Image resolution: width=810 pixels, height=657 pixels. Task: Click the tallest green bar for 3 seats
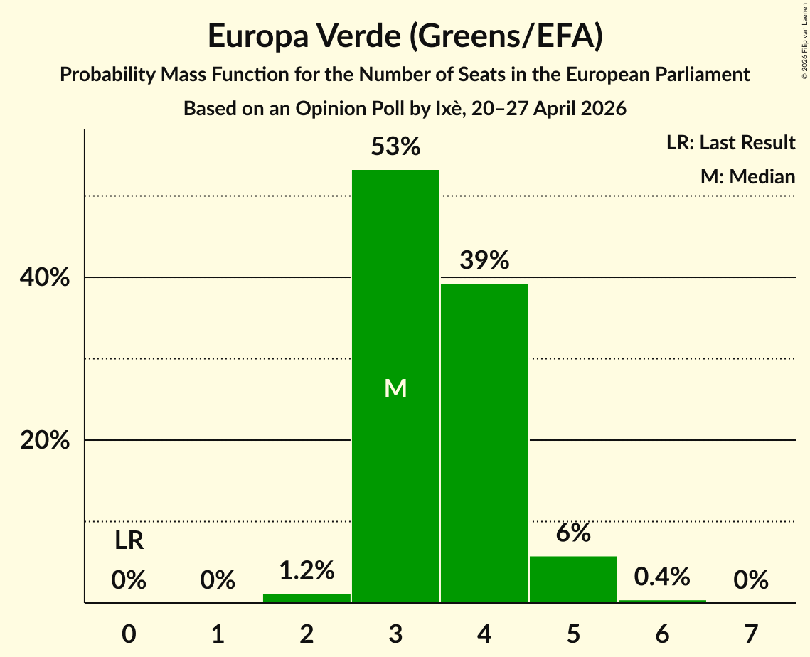pos(395,386)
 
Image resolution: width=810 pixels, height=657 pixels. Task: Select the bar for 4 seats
pos(484,443)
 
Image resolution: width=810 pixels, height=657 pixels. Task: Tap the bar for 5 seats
pos(573,579)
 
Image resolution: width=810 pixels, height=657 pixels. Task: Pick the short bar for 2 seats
pos(307,598)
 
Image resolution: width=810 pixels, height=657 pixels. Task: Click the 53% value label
pos(395,146)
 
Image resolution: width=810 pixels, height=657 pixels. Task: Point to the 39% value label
pos(484,260)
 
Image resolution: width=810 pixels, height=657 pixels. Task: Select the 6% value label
pos(573,533)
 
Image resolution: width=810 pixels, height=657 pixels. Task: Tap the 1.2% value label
pos(307,570)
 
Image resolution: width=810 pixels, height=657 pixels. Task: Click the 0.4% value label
pos(662,577)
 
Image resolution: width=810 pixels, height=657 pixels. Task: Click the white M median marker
pos(395,388)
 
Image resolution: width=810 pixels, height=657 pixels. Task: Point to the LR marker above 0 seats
pos(129,541)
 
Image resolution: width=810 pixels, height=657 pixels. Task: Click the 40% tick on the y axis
pos(45,277)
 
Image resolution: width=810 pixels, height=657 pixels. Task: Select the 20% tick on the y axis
pos(45,441)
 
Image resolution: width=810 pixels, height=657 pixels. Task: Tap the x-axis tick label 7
pos(751,634)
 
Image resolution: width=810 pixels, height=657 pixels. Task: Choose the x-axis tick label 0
pos(129,634)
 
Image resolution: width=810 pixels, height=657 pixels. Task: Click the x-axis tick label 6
pos(662,634)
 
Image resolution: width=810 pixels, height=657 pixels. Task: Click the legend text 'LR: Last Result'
pos(731,142)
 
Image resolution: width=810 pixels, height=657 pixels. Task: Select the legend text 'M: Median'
pos(748,176)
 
